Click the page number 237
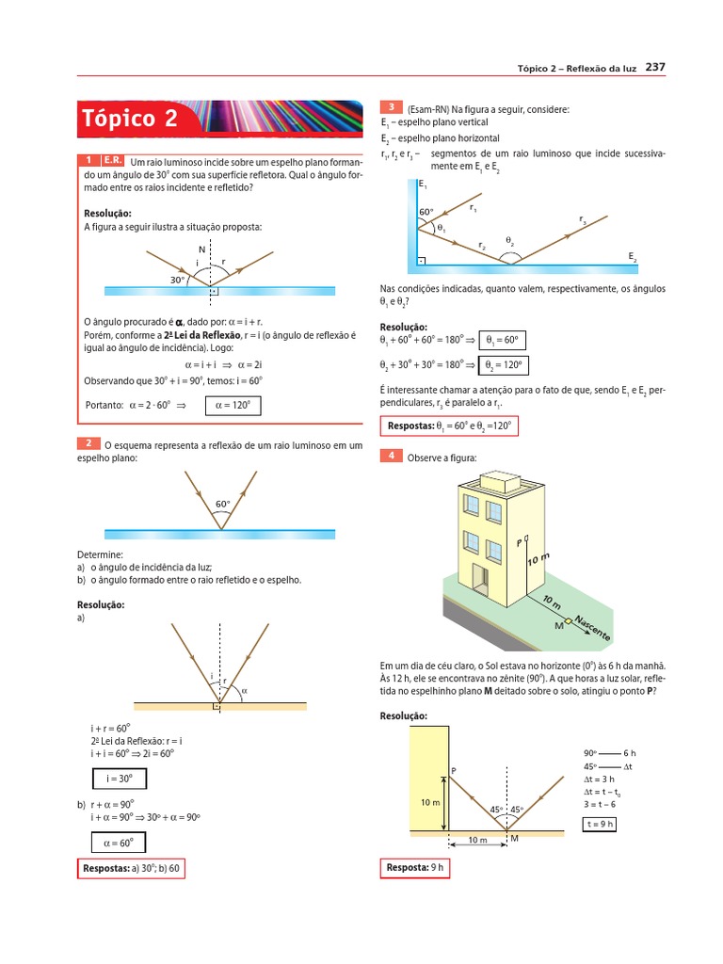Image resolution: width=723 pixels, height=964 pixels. point(655,67)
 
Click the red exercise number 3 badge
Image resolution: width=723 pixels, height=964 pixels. point(390,108)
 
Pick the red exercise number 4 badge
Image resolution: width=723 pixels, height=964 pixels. point(390,457)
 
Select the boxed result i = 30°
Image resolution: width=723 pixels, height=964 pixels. point(120,779)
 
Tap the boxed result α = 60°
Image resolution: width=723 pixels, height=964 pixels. point(120,843)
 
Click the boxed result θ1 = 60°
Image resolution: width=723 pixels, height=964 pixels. point(503,340)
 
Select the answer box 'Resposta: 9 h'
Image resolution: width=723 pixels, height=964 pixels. point(415,867)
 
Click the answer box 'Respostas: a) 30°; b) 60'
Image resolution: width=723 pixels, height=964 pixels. point(131,867)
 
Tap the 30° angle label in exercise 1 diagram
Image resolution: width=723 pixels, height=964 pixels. point(177,280)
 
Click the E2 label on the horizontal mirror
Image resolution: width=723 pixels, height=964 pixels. point(633,256)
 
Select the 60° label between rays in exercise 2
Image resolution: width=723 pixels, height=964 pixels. point(223,504)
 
